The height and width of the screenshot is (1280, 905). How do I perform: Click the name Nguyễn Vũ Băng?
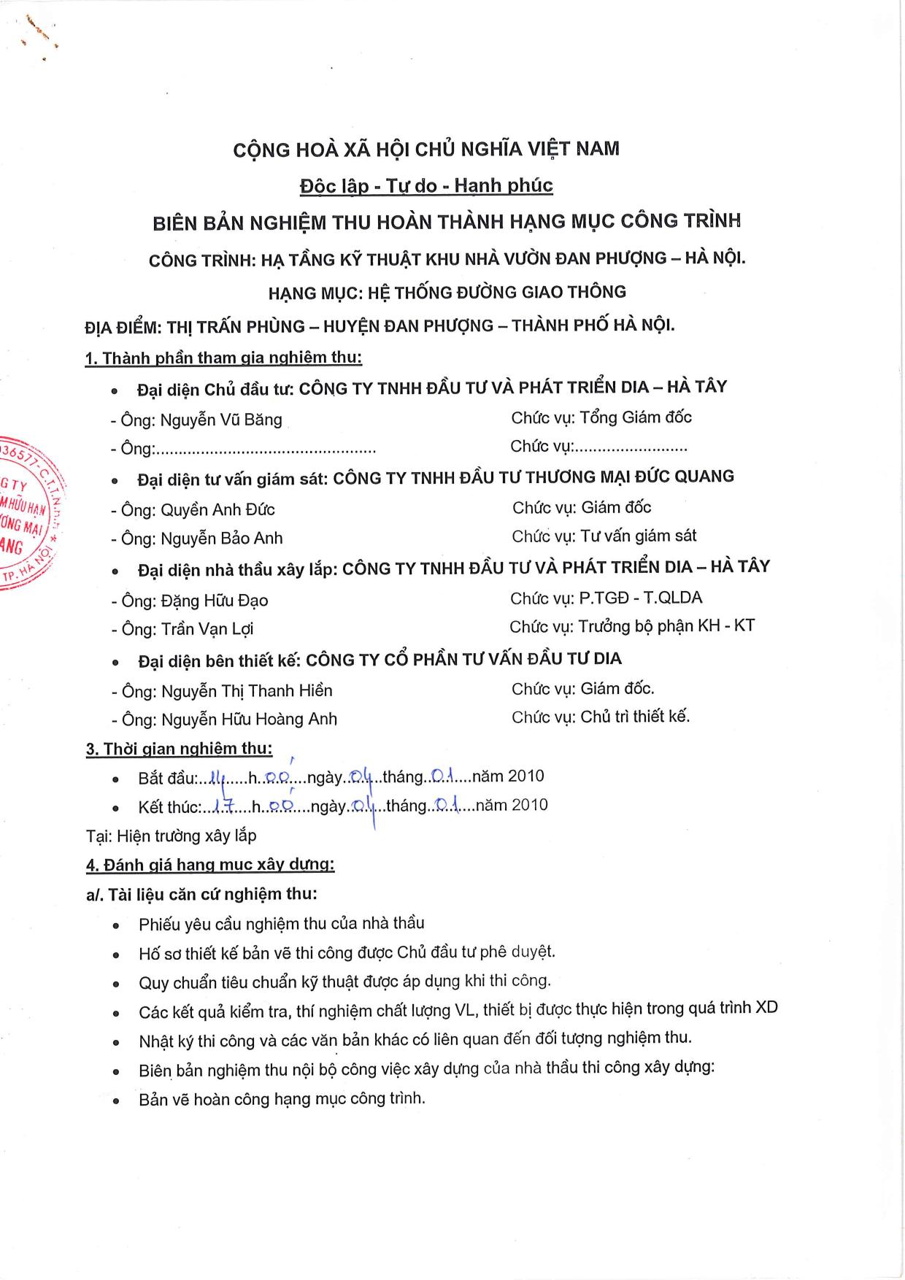[x=220, y=420]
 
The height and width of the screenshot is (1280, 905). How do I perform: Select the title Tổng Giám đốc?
[x=635, y=417]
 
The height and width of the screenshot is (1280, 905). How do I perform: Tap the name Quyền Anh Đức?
[x=217, y=509]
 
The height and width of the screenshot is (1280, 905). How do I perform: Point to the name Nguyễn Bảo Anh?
[x=221, y=539]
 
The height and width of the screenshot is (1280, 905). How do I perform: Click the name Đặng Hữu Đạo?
[x=215, y=601]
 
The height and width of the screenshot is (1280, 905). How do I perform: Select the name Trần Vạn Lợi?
[x=207, y=629]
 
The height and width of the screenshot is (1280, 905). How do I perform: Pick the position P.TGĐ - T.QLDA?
[x=640, y=598]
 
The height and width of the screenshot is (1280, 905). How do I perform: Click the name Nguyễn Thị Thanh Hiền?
[x=247, y=690]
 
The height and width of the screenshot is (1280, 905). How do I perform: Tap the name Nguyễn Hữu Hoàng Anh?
[x=249, y=720]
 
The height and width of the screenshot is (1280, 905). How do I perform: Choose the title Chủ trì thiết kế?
[x=635, y=717]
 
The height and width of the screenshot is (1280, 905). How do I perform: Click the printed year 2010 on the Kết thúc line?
[x=529, y=805]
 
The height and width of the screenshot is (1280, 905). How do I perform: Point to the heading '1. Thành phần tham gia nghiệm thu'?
[x=223, y=358]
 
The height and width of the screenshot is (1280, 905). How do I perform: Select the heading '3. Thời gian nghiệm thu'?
[x=179, y=749]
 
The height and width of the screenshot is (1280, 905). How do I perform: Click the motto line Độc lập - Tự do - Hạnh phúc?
[x=426, y=185]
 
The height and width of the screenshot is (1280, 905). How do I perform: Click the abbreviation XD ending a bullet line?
[x=766, y=1008]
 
